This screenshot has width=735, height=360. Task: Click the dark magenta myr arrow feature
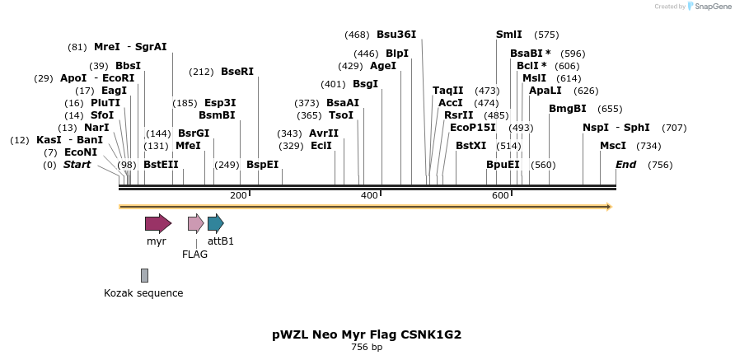157,223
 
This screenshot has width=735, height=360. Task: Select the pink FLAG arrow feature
195,223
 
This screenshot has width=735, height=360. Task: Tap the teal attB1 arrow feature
215,223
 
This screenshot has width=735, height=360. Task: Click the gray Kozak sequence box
144,275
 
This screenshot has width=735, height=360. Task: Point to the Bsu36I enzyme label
396,35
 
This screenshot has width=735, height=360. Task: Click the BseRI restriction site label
237,72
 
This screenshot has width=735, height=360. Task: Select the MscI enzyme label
612,146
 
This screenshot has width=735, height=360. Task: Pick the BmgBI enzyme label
568,109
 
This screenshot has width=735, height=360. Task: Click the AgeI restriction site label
383,66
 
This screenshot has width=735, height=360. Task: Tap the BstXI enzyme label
470,146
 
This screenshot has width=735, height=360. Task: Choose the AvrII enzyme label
324,133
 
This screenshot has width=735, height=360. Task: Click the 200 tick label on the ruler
238,195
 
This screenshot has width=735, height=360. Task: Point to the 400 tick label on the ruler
369,195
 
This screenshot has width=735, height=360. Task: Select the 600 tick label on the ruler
500,195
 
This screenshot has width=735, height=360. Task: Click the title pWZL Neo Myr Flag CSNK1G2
367,334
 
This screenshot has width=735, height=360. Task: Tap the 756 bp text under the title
367,348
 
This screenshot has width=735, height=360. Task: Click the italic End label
625,165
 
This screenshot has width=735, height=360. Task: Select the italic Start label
77,165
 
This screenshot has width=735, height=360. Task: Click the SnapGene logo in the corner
708,7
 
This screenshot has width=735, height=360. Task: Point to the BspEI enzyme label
262,165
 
